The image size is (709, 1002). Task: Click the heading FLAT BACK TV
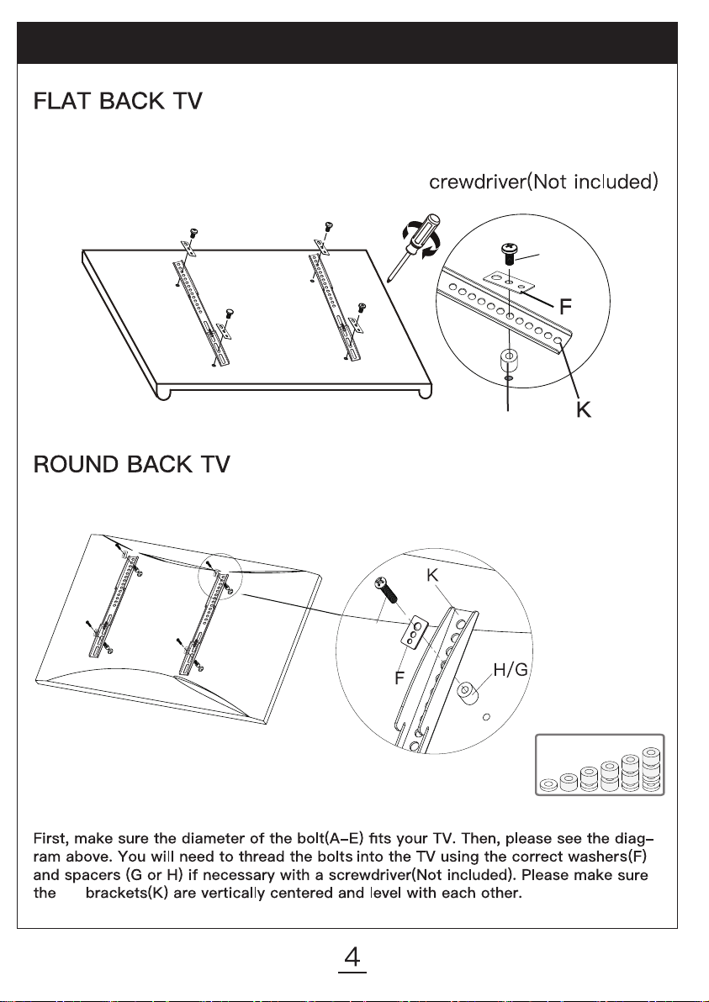[116, 103]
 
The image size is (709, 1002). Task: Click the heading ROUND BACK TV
[131, 465]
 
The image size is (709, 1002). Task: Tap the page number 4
[353, 957]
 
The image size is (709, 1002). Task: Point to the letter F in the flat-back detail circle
[567, 307]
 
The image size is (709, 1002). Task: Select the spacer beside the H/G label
[467, 694]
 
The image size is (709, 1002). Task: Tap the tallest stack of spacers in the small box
[651, 768]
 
